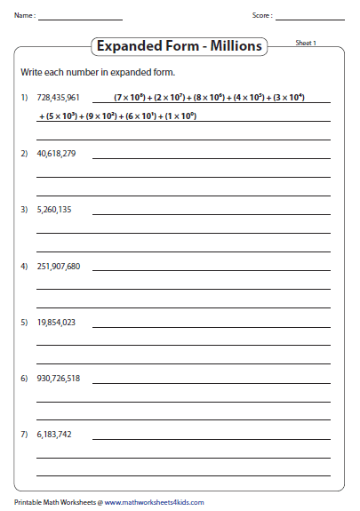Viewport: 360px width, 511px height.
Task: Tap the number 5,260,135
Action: tap(54, 210)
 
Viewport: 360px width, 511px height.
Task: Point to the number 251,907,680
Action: tap(59, 266)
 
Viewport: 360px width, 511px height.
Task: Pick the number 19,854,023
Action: tap(56, 322)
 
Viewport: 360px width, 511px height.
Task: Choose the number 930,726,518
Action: tap(59, 379)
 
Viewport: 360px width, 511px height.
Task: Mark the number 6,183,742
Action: tap(54, 435)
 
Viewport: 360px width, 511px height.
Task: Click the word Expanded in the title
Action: tap(128, 45)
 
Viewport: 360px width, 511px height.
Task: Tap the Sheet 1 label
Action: tap(306, 43)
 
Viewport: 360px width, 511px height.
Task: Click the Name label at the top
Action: tap(24, 16)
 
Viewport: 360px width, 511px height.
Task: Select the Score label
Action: tap(262, 16)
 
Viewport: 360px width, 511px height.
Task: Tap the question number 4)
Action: tap(24, 266)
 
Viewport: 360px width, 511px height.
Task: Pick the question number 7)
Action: tap(24, 435)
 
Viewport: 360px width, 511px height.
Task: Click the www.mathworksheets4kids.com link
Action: tap(153, 502)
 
